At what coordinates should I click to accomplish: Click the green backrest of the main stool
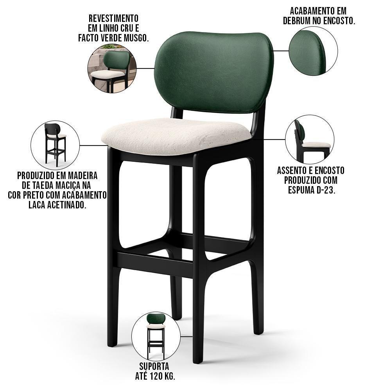[x=214, y=72]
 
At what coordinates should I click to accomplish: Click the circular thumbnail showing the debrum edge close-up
[x=313, y=51]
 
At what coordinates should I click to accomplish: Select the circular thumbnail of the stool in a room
[x=111, y=69]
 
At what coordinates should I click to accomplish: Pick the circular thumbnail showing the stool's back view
[x=55, y=145]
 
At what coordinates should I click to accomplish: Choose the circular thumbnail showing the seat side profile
[x=309, y=139]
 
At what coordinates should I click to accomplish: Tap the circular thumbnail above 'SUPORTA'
[x=156, y=336]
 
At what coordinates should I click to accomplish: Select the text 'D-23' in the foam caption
[x=326, y=190]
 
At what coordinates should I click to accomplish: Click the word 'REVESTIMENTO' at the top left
[x=113, y=18]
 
